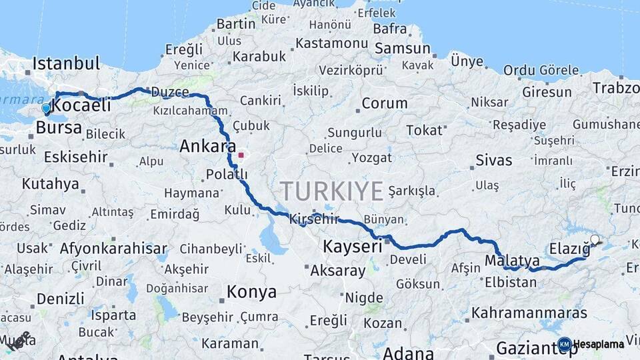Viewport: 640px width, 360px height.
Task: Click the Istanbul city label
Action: click(x=66, y=64)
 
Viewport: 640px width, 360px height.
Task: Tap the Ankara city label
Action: click(x=208, y=146)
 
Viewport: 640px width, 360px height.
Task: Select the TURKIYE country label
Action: click(x=332, y=191)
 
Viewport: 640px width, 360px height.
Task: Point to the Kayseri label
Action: click(x=353, y=246)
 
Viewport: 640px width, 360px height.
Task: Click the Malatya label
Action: click(x=512, y=260)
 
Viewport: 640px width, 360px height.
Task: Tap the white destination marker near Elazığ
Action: click(x=594, y=240)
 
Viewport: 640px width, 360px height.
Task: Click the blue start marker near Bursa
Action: click(x=46, y=108)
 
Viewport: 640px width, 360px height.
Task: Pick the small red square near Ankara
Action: click(x=241, y=155)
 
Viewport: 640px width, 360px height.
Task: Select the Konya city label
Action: click(x=251, y=292)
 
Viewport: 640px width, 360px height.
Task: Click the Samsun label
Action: click(x=403, y=49)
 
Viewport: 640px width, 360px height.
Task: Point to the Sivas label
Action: click(x=494, y=160)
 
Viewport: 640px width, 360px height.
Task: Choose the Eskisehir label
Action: click(x=75, y=157)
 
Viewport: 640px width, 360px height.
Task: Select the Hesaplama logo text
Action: click(x=599, y=344)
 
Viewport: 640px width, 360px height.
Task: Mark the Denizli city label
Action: click(x=61, y=298)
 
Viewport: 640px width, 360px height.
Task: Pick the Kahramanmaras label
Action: click(x=529, y=313)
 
